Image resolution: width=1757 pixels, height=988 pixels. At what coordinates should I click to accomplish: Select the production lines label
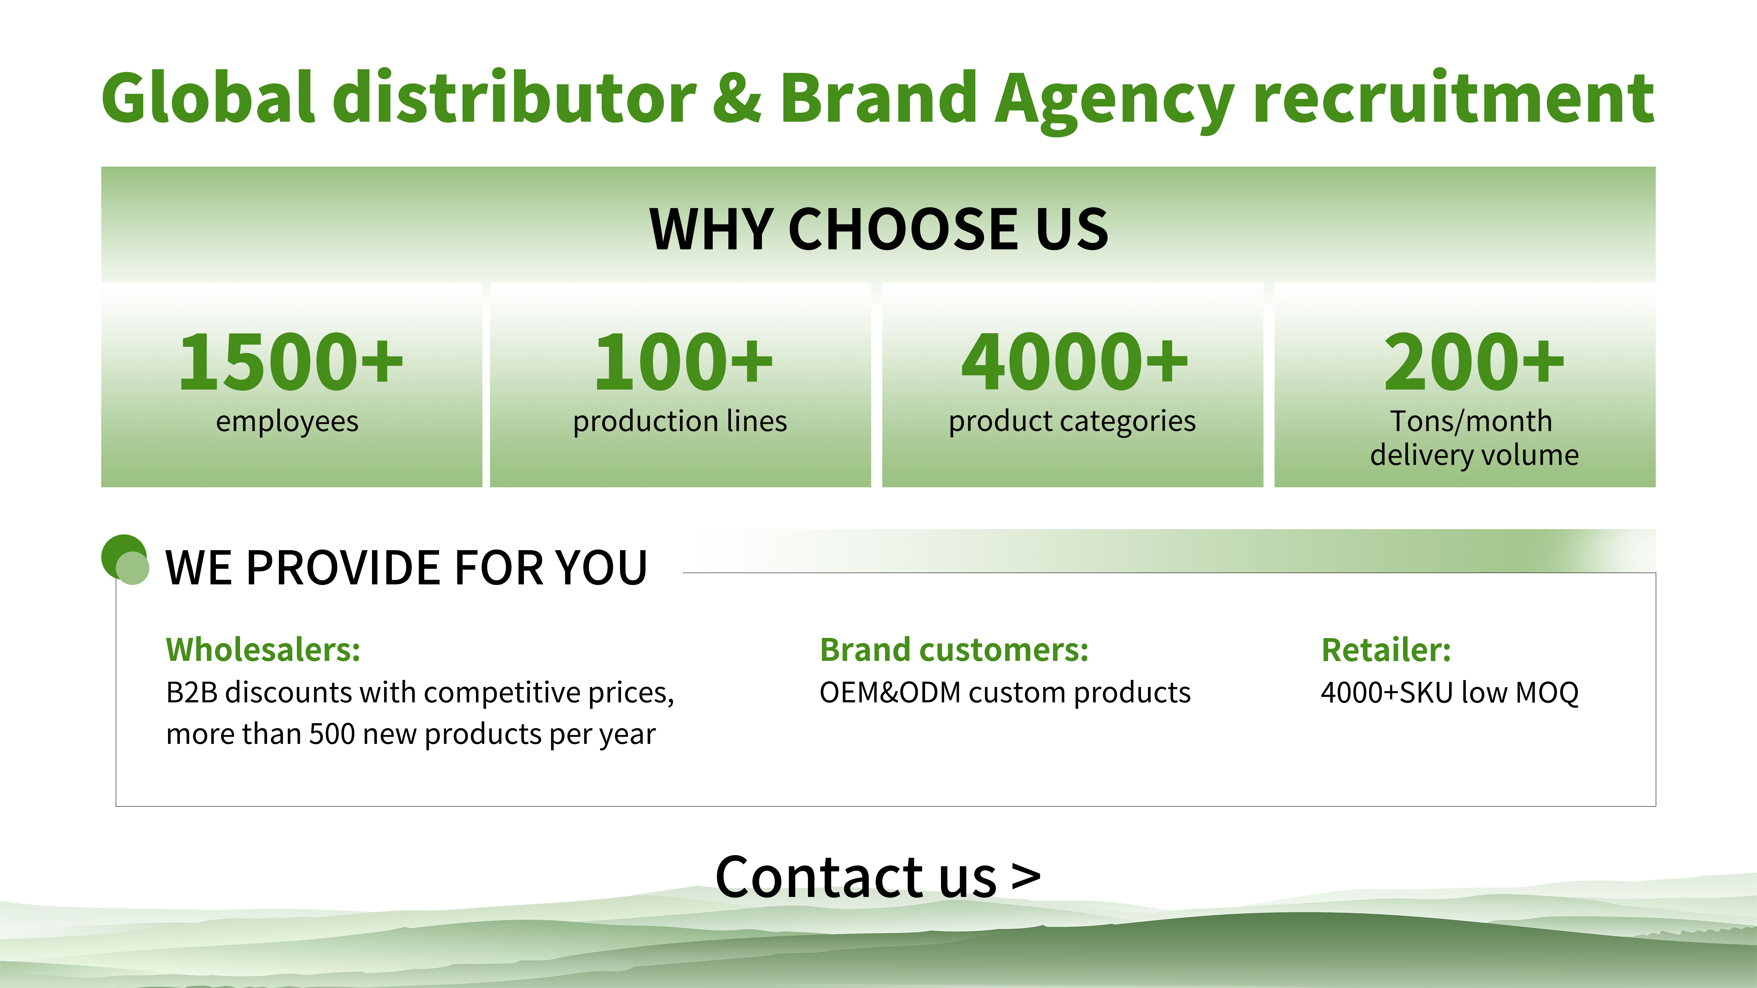pyautogui.click(x=680, y=421)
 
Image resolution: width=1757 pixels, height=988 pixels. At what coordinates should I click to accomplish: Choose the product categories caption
pyautogui.click(x=1072, y=421)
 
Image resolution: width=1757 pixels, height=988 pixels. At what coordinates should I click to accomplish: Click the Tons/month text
pyautogui.click(x=1471, y=421)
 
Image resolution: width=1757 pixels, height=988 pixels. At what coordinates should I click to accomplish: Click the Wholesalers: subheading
pyautogui.click(x=263, y=650)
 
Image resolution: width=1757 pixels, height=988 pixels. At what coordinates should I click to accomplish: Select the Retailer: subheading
pyautogui.click(x=1386, y=650)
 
